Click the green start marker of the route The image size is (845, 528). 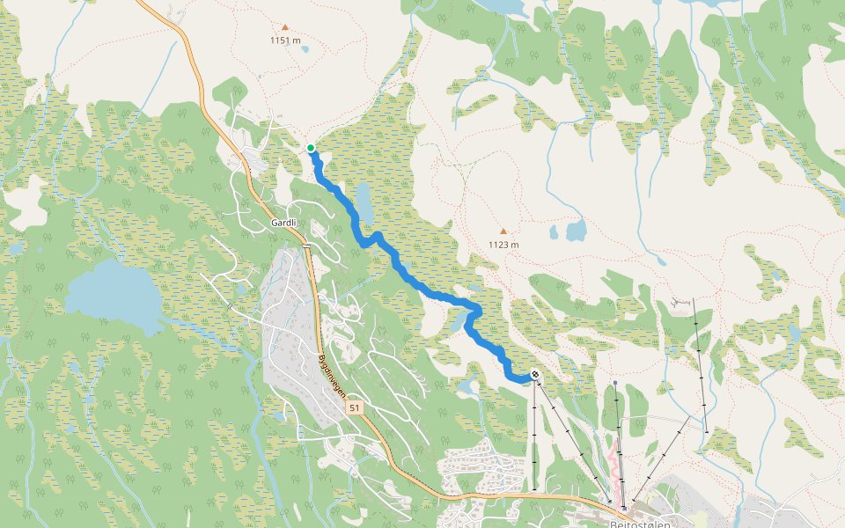[311, 148]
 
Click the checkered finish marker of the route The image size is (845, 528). [535, 376]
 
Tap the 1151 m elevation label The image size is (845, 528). [285, 40]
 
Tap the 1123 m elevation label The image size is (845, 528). [503, 245]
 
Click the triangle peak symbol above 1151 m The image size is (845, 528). [284, 27]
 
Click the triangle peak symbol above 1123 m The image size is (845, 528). [503, 231]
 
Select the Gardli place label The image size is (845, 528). [283, 223]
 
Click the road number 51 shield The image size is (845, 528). [354, 408]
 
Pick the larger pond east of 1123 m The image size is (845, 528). [577, 231]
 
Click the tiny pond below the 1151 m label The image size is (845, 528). [305, 49]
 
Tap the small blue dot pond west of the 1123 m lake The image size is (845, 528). [554, 233]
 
